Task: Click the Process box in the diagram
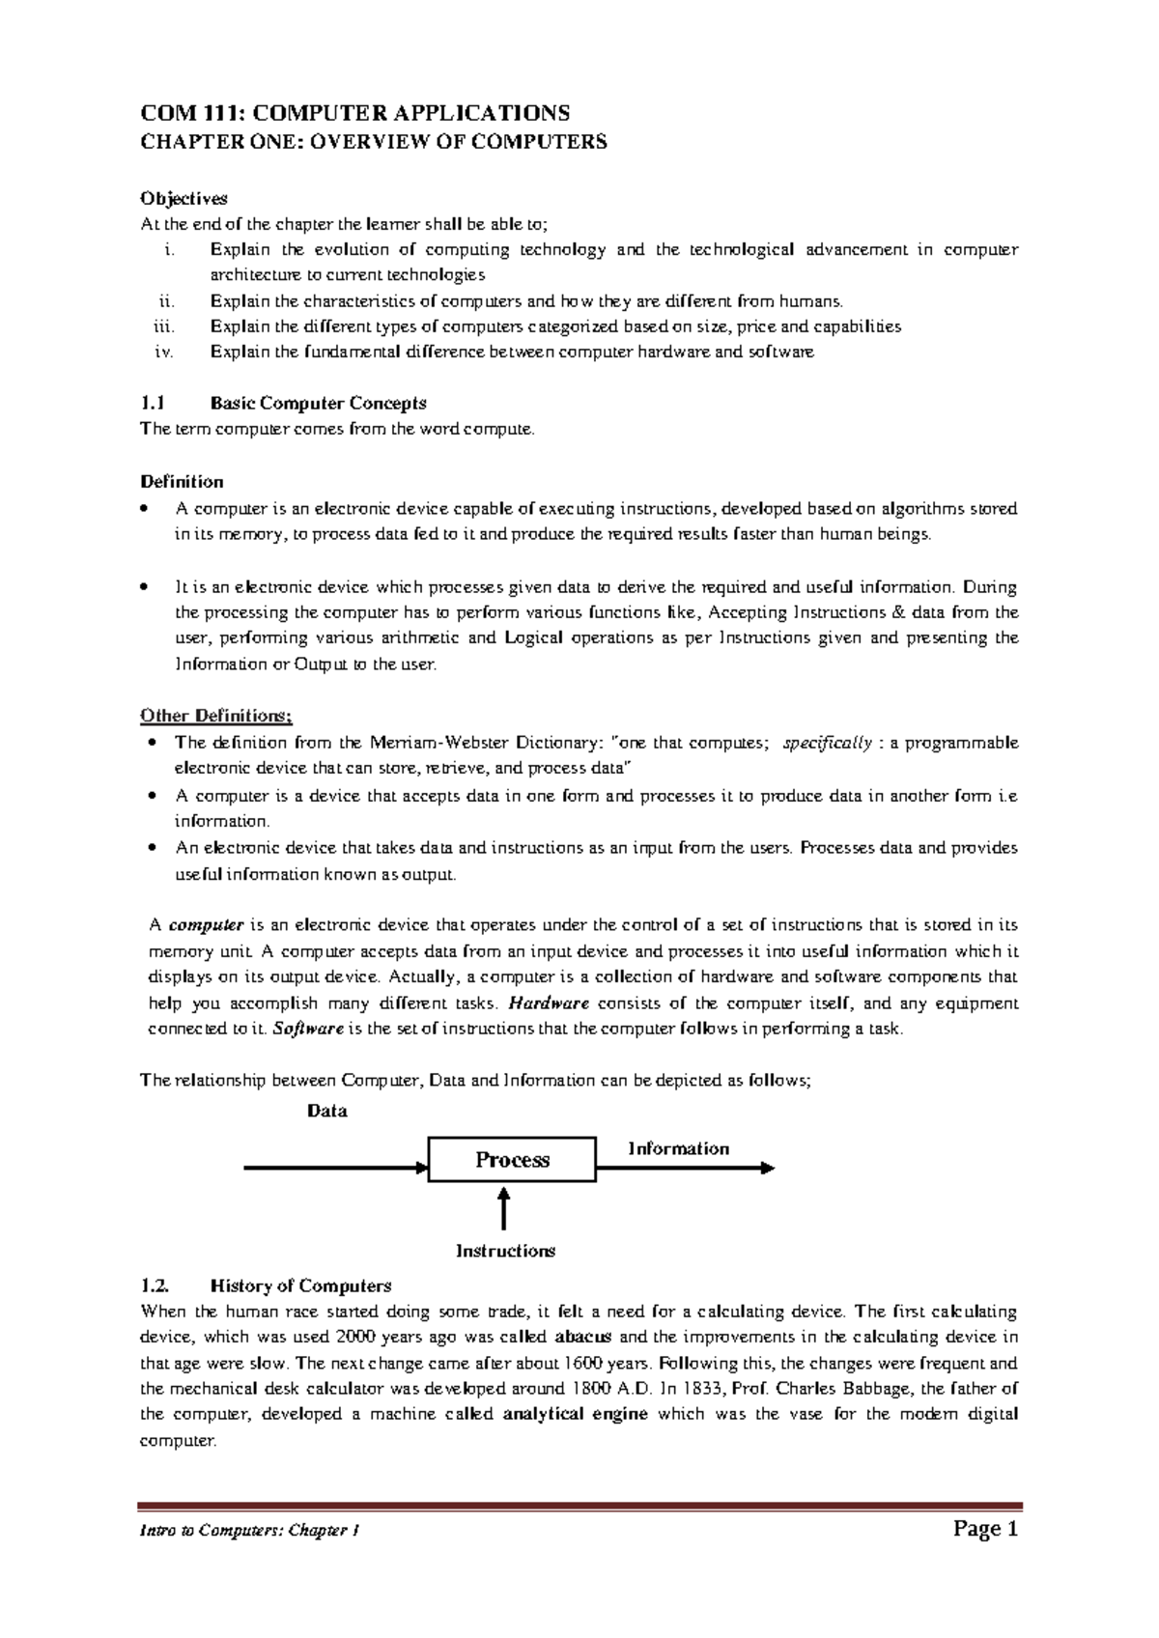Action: coord(512,1160)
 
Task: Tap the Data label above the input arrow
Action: coord(327,1111)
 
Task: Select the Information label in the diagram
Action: coord(678,1148)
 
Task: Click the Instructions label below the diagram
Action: coord(505,1251)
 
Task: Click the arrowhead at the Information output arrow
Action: coord(768,1169)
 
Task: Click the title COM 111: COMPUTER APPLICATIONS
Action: coord(355,113)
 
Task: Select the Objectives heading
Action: coord(184,198)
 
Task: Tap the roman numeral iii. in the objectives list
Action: coord(164,326)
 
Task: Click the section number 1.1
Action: coord(153,403)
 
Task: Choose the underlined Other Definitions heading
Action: coord(215,716)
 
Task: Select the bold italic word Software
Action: coord(309,1029)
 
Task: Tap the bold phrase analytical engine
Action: coord(576,1414)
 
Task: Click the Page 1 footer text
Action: coord(985,1529)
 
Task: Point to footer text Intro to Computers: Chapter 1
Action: coord(250,1532)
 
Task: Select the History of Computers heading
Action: coord(300,1285)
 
